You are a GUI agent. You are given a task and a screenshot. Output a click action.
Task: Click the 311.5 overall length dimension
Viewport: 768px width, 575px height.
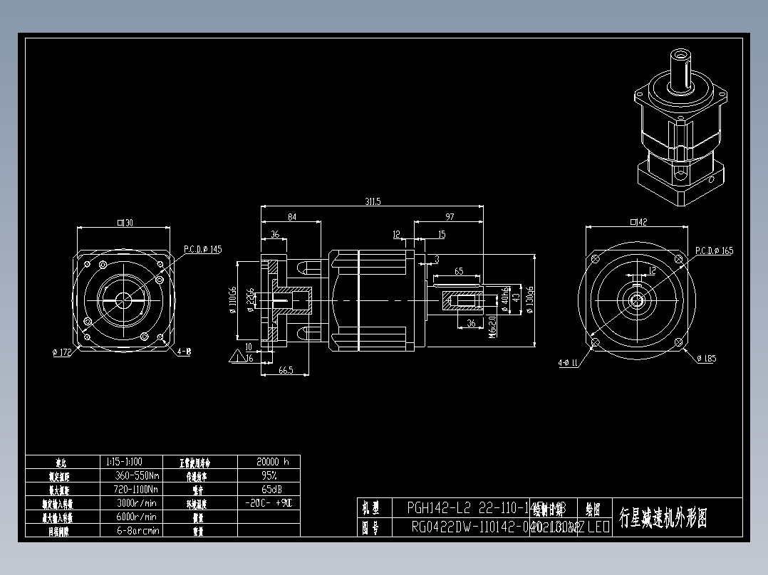click(x=373, y=202)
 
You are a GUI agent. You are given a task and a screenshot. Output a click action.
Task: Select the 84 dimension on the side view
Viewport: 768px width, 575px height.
click(x=291, y=216)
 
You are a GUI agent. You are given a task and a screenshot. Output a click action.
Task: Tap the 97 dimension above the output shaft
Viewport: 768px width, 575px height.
click(x=449, y=216)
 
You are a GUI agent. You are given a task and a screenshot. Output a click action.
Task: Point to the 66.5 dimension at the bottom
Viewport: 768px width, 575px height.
click(x=285, y=370)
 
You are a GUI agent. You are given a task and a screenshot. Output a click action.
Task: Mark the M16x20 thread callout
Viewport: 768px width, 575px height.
click(x=492, y=324)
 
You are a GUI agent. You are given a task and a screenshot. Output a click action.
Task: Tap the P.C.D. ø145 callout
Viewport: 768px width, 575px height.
click(x=202, y=249)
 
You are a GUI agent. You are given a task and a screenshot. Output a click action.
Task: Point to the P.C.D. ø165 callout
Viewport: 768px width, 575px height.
click(x=713, y=250)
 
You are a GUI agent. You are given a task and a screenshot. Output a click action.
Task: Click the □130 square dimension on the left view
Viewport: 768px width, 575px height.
click(x=125, y=223)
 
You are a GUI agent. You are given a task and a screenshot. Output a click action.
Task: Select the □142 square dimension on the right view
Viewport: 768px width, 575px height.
click(x=638, y=223)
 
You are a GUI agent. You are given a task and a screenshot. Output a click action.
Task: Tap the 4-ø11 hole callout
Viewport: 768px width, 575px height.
click(x=568, y=363)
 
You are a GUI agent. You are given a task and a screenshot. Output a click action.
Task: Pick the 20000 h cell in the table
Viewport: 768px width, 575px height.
click(x=268, y=461)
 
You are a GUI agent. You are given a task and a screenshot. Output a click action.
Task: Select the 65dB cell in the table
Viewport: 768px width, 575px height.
click(x=268, y=489)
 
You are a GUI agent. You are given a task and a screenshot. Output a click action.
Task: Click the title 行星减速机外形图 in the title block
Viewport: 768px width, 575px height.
click(x=663, y=517)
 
